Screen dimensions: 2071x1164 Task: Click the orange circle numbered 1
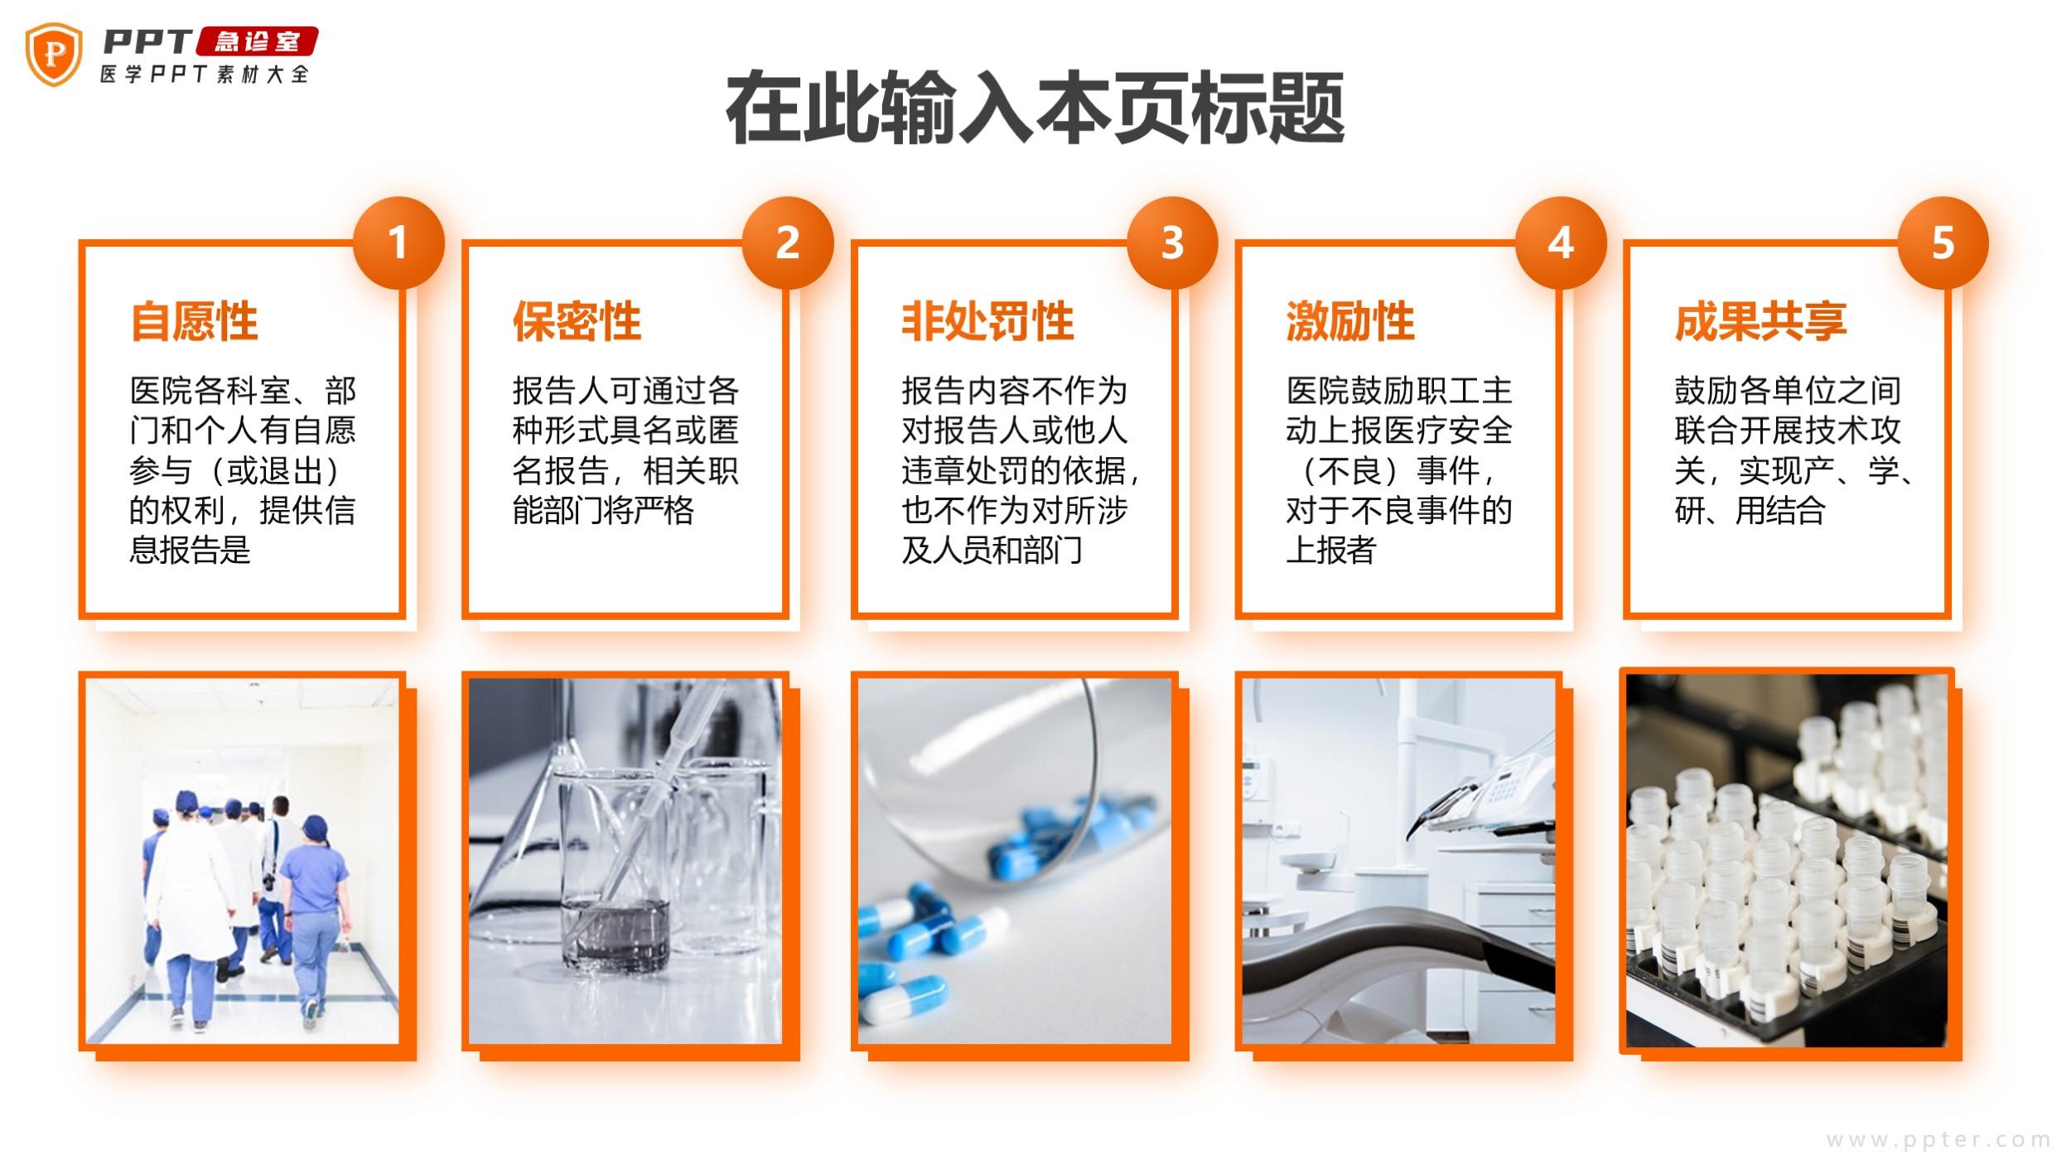coord(398,243)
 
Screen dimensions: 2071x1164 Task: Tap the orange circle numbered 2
coord(787,243)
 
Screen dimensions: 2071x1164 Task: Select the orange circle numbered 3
coord(1172,243)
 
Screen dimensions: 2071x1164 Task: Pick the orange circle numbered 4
coord(1561,243)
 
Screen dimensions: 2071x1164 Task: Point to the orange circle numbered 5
coord(1943,243)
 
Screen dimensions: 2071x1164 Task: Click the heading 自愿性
coord(195,321)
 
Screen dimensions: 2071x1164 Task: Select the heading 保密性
coord(577,321)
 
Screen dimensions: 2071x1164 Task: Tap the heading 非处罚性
coord(987,321)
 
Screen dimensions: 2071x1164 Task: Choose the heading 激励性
coord(1350,321)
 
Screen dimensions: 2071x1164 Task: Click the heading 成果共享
coord(1760,321)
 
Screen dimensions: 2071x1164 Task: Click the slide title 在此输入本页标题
coord(1035,108)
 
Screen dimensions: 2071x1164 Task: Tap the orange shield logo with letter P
coord(55,54)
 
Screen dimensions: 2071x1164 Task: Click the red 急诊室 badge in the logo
coord(258,41)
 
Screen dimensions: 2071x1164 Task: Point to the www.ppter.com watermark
coord(1938,1140)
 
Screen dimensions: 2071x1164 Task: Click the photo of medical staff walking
coord(242,861)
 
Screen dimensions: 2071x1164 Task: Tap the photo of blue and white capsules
coord(1015,861)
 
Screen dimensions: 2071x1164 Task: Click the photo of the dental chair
coord(1398,861)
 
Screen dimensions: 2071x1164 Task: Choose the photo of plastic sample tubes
coord(1787,860)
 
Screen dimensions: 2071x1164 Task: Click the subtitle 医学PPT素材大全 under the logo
coord(204,75)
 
